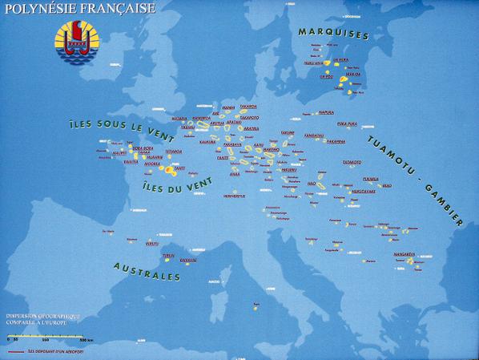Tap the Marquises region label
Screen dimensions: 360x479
(333, 34)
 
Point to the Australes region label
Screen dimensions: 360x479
(147, 270)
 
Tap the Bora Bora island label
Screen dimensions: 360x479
(143, 148)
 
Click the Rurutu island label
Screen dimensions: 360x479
(152, 242)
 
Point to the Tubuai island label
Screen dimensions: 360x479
(168, 255)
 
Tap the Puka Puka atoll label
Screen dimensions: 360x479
(347, 123)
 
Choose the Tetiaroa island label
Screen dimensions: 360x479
(173, 151)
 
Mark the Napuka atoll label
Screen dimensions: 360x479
(326, 112)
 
